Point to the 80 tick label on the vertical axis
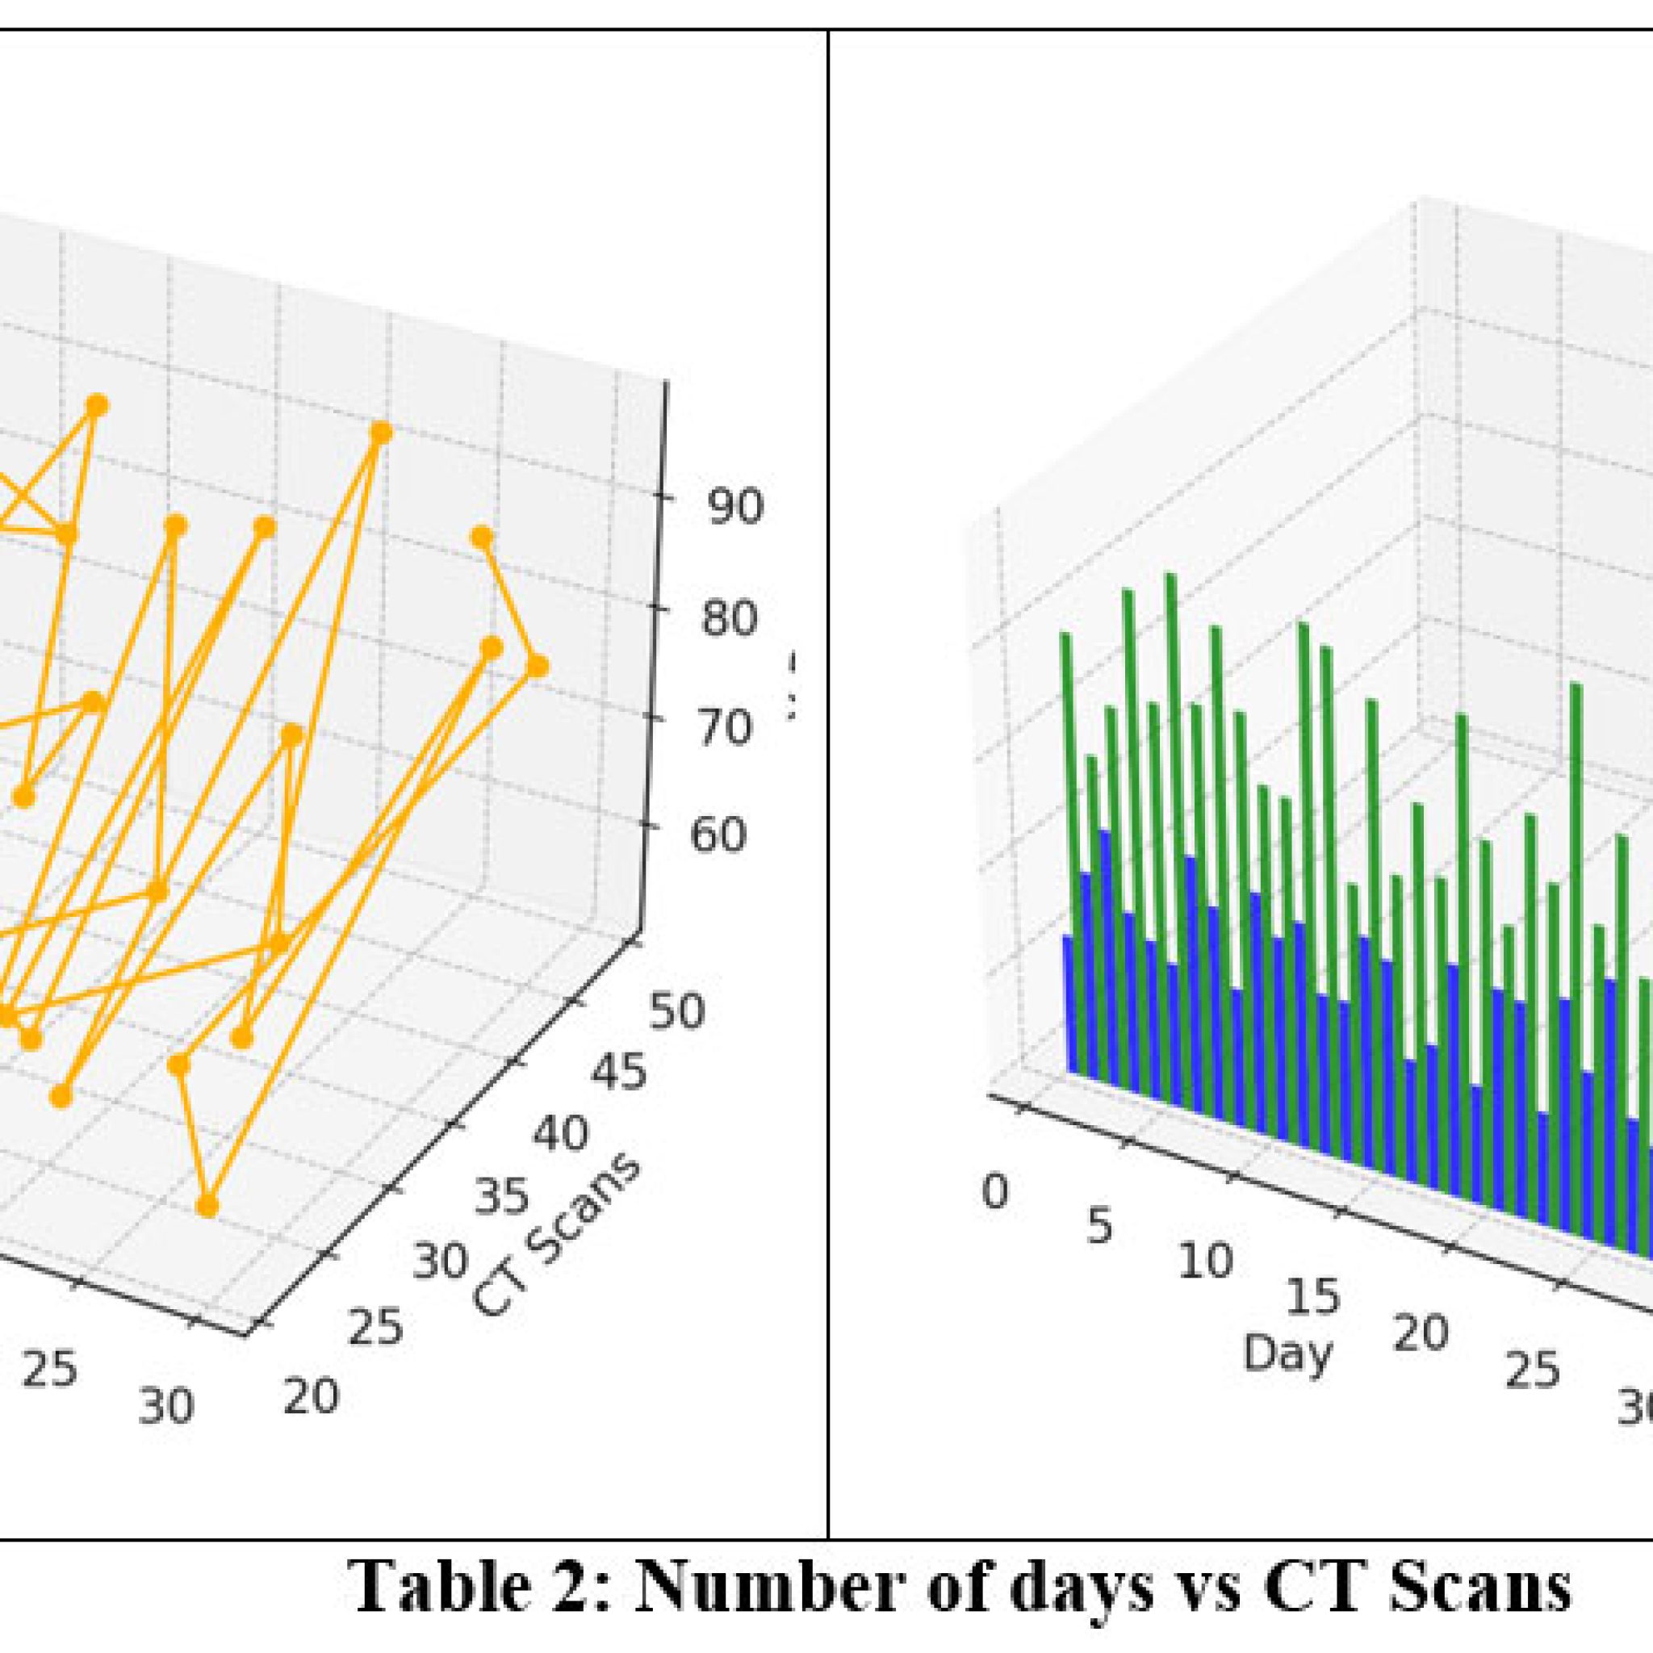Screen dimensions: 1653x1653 (729, 618)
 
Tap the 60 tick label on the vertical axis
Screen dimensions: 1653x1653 (718, 835)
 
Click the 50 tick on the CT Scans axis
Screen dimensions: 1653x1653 (676, 1011)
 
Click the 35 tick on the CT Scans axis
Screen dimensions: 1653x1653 (501, 1196)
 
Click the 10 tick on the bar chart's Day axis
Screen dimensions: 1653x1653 (1205, 1262)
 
